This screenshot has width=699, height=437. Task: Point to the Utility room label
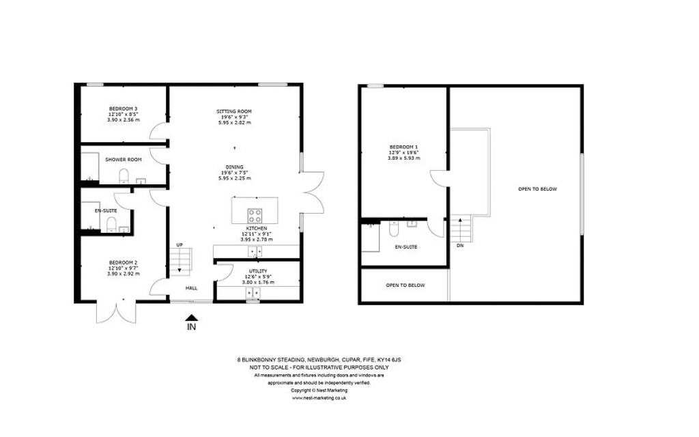pos(259,276)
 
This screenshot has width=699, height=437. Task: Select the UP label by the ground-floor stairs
pos(180,244)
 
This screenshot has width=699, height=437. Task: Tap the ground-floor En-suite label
pos(106,210)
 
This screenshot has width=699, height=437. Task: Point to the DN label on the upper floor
pos(459,244)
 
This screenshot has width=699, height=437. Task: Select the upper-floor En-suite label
pos(406,246)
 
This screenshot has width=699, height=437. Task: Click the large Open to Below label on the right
pos(537,188)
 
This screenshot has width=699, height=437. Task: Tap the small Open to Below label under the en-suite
pos(405,285)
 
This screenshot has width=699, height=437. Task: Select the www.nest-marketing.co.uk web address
pos(319,397)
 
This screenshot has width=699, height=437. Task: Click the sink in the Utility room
pos(253,293)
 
